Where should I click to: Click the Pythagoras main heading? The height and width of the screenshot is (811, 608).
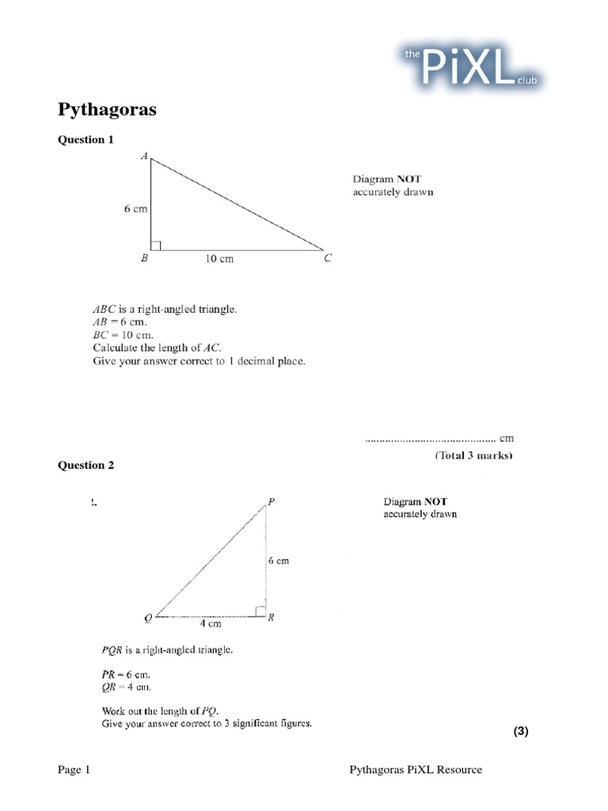[108, 109]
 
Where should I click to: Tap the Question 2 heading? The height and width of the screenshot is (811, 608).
[86, 465]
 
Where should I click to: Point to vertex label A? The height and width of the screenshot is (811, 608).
[144, 157]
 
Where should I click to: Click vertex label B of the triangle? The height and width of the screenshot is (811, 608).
[145, 258]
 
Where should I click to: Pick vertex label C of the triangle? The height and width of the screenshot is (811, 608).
[328, 258]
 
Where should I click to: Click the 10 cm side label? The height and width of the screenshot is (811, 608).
[220, 259]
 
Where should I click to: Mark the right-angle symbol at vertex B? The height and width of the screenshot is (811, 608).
[156, 245]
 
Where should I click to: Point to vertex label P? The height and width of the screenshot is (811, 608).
[272, 501]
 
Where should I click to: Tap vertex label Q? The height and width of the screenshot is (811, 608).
[148, 618]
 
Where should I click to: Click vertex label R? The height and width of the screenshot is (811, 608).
[272, 618]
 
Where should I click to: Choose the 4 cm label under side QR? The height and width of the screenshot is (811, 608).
[210, 623]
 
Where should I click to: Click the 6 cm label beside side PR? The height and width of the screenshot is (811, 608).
[279, 561]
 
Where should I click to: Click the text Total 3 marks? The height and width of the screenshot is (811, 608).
[473, 455]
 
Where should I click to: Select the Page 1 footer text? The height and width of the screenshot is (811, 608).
[74, 770]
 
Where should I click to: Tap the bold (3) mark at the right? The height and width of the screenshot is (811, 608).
[520, 732]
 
